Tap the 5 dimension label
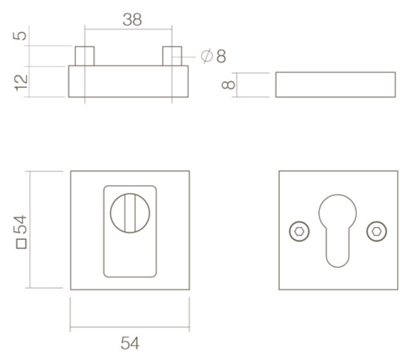click(20, 36)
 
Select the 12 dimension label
click(21, 83)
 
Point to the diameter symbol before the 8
click(207, 56)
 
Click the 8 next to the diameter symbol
click(221, 56)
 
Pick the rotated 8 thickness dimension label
click(228, 85)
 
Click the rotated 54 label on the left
click(20, 224)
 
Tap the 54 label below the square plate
click(130, 343)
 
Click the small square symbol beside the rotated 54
click(21, 244)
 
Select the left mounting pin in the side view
click(85, 56)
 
